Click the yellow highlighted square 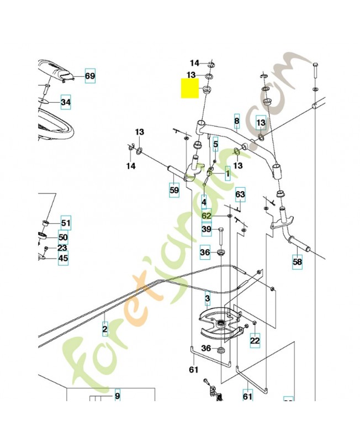click(x=190, y=88)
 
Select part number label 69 click(x=90, y=77)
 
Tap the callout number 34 click(x=66, y=102)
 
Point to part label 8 click(x=237, y=121)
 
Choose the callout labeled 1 click(x=227, y=174)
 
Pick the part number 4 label click(x=204, y=202)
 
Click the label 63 click(x=240, y=194)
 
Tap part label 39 click(x=206, y=229)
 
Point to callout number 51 click(x=66, y=223)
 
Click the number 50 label click(x=63, y=237)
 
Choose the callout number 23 click(x=62, y=248)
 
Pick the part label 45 click(x=63, y=258)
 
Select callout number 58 click(x=297, y=261)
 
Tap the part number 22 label click(x=255, y=341)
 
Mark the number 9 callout click(x=117, y=396)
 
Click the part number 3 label click(x=208, y=299)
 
